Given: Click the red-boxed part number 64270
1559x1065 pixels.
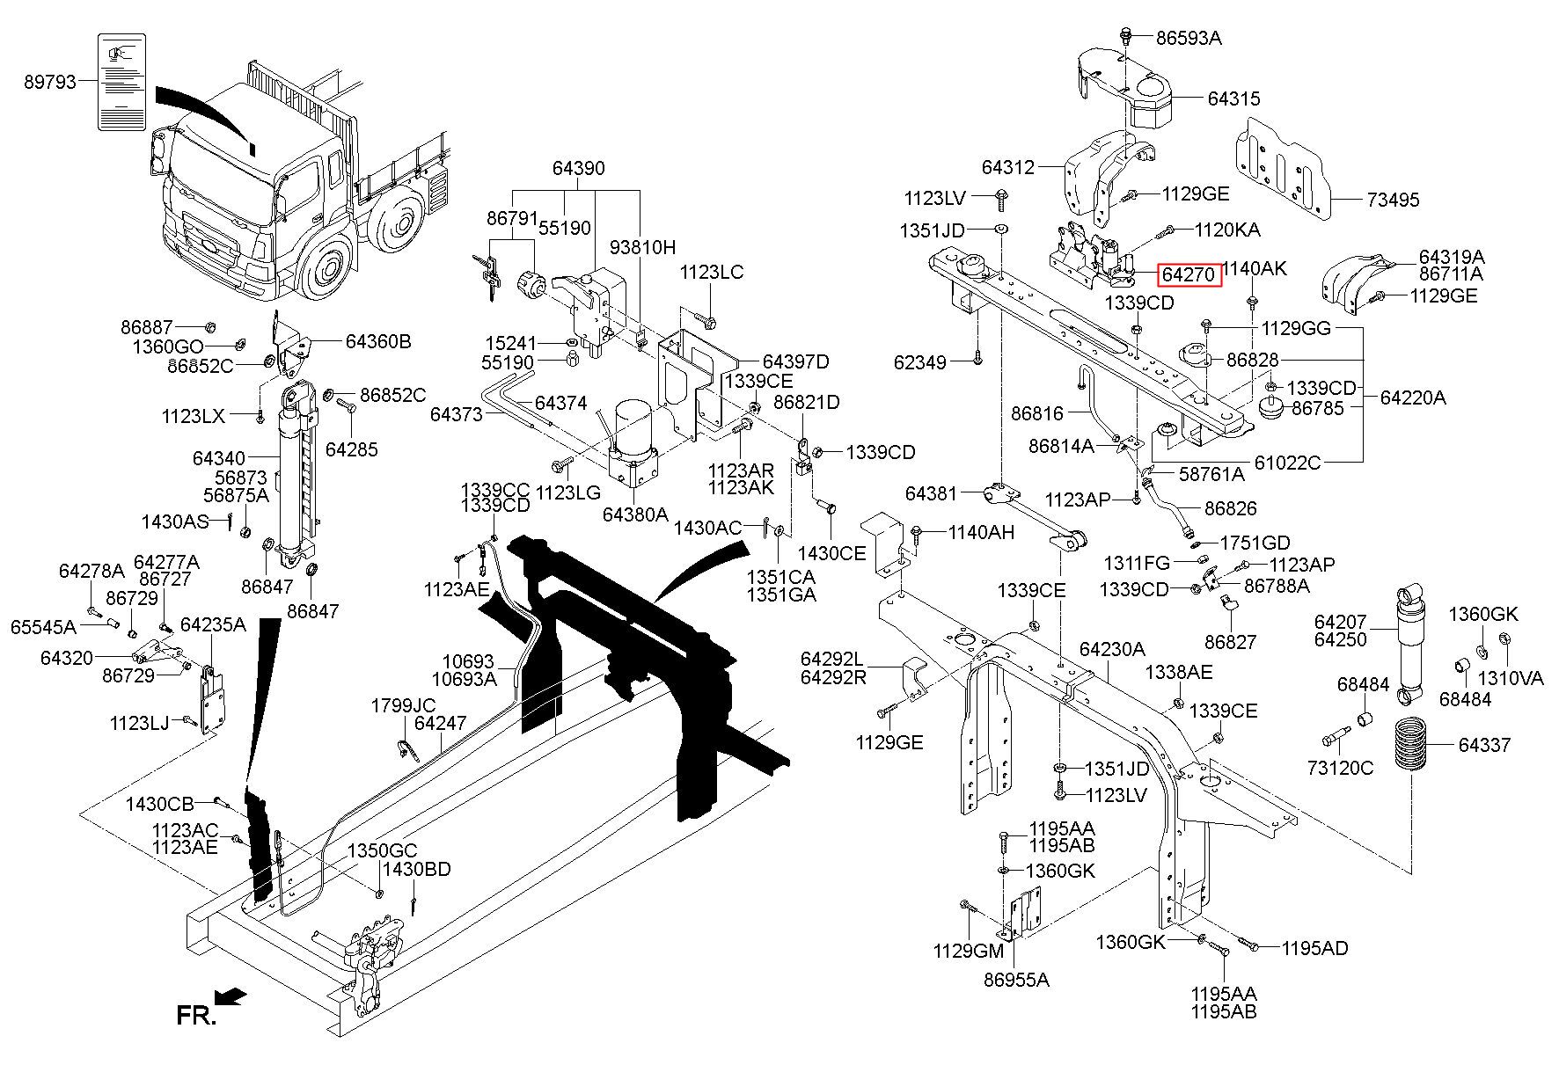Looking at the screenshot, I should point(1189,274).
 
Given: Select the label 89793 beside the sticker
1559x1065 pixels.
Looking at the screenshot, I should point(50,82).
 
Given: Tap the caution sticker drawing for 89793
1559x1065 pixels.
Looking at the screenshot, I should point(121,82).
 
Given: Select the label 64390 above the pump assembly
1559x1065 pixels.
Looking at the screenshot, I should point(578,168).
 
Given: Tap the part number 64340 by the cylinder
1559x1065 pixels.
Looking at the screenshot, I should point(219,458).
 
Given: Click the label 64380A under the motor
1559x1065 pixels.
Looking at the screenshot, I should point(635,514).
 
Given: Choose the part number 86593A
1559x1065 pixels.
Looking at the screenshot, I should point(1189,39).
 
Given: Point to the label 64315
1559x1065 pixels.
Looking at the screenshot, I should point(1233,98).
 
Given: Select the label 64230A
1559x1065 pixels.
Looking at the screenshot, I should point(1112,650).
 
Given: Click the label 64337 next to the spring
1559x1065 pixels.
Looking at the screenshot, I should point(1484,746).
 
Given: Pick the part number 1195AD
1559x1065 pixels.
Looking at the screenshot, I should point(1314,948).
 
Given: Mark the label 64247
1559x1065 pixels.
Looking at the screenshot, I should point(440,723).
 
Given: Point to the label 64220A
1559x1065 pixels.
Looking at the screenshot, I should point(1413,398).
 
